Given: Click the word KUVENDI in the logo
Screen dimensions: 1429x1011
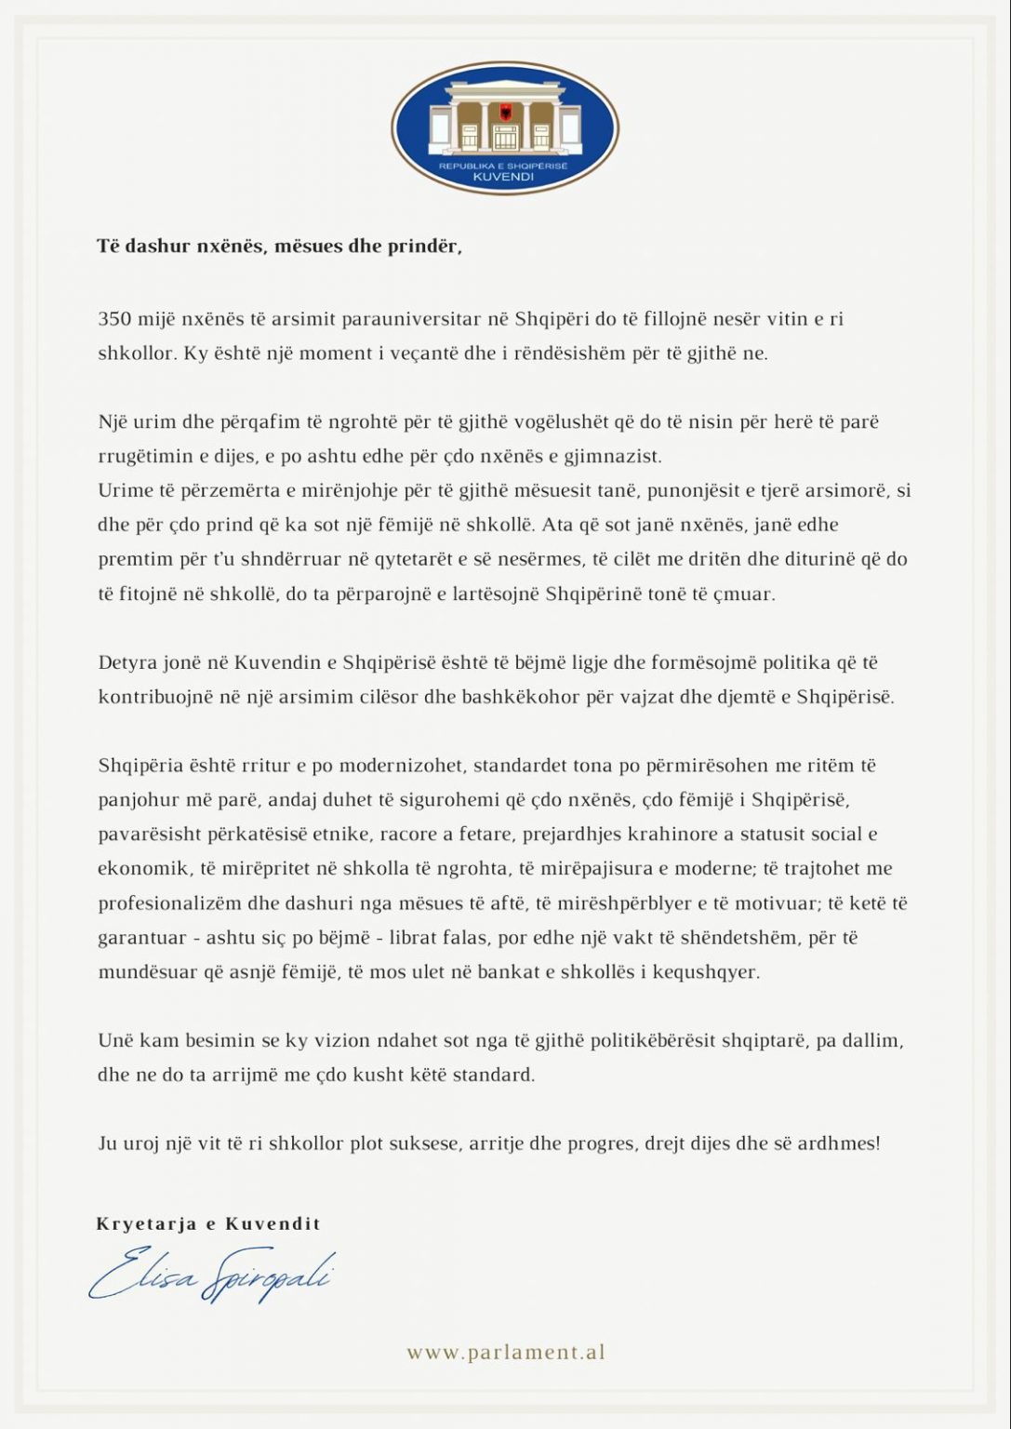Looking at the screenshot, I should click(504, 177).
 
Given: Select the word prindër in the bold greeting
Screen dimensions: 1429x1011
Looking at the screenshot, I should click(427, 247).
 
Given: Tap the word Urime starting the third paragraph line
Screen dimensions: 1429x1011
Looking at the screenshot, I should click(122, 490).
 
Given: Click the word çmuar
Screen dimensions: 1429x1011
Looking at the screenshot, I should click(749, 594).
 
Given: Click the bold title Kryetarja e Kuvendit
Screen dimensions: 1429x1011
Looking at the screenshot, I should click(208, 1224).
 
